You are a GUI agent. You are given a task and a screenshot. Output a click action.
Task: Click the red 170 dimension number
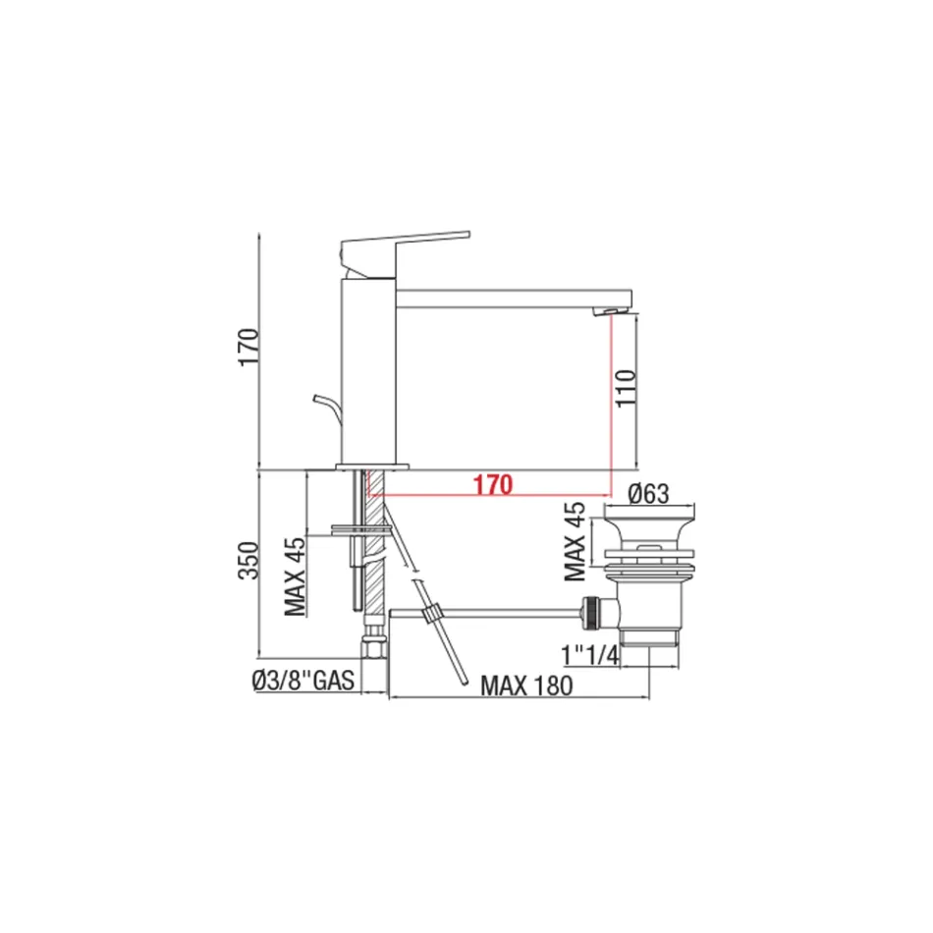point(492,484)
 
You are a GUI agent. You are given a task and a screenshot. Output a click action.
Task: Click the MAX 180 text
point(525,686)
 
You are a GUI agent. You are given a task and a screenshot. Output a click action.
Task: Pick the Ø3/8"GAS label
point(302,679)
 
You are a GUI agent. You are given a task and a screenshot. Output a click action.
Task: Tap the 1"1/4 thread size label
point(589,655)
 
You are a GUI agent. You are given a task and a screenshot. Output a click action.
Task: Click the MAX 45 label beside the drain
point(576,540)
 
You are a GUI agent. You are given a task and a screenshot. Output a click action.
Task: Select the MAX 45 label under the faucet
point(295,579)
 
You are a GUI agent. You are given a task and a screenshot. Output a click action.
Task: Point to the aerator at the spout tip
point(615,312)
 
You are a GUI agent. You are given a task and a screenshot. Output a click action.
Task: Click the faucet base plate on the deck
point(371,465)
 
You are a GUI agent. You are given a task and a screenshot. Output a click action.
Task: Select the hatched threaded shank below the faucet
point(373,550)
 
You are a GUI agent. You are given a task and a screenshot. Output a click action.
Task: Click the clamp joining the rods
point(428,616)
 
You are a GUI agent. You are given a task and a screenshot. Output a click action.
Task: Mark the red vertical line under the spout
point(612,403)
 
